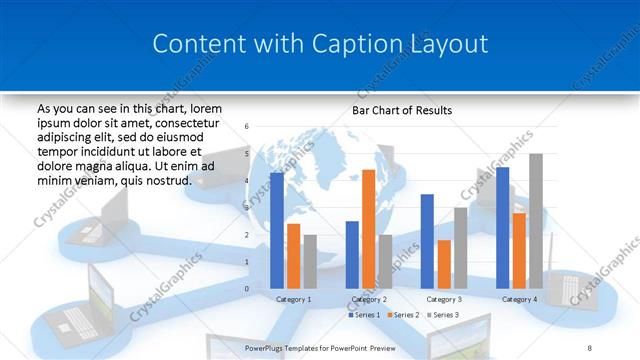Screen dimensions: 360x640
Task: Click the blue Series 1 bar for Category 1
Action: pyautogui.click(x=277, y=230)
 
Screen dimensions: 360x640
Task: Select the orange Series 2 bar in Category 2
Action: pyautogui.click(x=368, y=229)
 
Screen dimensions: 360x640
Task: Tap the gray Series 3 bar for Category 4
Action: pyautogui.click(x=535, y=221)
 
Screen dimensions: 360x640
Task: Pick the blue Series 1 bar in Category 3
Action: pyautogui.click(x=427, y=241)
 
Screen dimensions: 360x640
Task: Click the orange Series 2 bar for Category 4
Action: pyautogui.click(x=519, y=250)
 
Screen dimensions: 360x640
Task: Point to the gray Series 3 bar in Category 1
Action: pyautogui.click(x=310, y=262)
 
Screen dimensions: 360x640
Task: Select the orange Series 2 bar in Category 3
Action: pyautogui.click(x=444, y=264)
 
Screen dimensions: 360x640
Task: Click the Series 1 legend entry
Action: pyautogui.click(x=364, y=315)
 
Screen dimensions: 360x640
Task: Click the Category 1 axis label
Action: pyautogui.click(x=293, y=299)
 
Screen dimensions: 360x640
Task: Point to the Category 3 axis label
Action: pyautogui.click(x=444, y=299)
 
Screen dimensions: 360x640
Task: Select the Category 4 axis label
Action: pyautogui.click(x=519, y=299)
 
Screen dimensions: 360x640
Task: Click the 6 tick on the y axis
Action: pyautogui.click(x=247, y=127)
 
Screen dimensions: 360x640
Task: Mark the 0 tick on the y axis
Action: pyautogui.click(x=247, y=289)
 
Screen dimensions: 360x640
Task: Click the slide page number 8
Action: pyautogui.click(x=617, y=347)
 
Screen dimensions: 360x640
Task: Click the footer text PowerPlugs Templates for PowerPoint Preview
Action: pyautogui.click(x=328, y=347)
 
